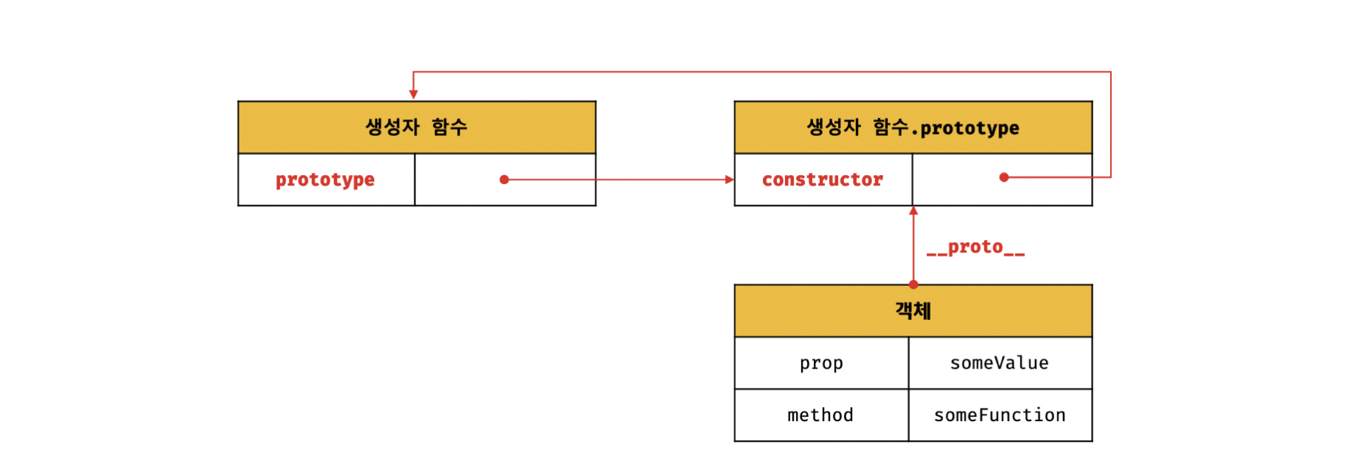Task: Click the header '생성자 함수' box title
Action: click(x=416, y=127)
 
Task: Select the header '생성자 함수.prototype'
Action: click(x=913, y=128)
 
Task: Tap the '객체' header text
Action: click(x=913, y=310)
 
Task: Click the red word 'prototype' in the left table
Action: click(x=325, y=180)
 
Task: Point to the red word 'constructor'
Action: click(x=823, y=180)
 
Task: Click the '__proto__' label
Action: click(x=976, y=248)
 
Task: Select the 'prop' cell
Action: click(x=821, y=364)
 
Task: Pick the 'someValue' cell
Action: click(x=999, y=364)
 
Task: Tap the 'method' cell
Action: click(x=820, y=415)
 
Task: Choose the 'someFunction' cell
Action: click(x=999, y=415)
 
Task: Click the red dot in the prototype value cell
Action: click(x=504, y=180)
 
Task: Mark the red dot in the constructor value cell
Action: click(x=1004, y=177)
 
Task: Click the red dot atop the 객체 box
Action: click(x=914, y=284)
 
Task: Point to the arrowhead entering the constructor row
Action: click(x=730, y=180)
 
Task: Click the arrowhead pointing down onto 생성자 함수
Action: click(x=413, y=95)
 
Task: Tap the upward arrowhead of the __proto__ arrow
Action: click(x=914, y=211)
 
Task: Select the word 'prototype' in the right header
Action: click(x=970, y=129)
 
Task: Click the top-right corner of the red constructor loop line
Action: click(x=1111, y=72)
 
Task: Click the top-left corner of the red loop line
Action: click(x=413, y=72)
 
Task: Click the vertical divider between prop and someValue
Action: click(x=908, y=364)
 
